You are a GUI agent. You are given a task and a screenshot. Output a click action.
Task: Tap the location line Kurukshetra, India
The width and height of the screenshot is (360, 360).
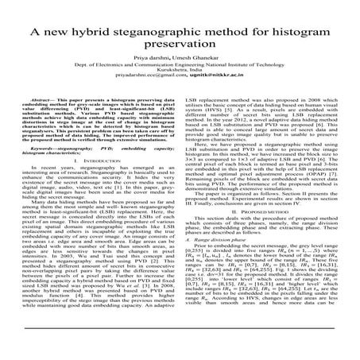180,91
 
